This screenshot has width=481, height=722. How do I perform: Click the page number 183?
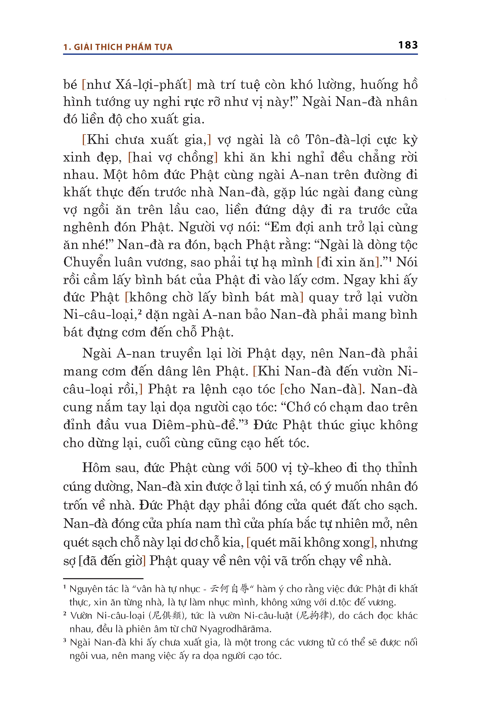[408, 45]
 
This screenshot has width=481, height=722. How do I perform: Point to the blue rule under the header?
[240, 54]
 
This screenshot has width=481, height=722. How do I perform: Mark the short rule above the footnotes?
[103, 578]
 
